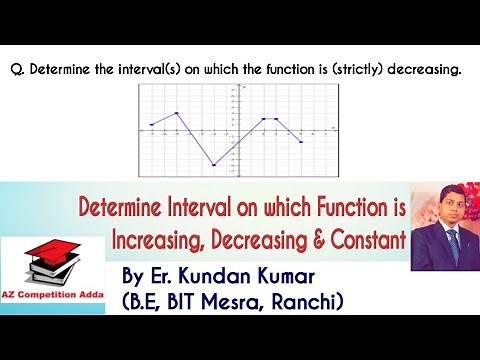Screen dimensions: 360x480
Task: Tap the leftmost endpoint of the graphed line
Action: (151, 125)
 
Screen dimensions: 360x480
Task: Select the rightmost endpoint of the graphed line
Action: (301, 142)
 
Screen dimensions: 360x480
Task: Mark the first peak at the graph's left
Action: (177, 113)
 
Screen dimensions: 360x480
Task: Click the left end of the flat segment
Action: (263, 119)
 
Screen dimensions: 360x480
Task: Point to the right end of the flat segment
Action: (276, 119)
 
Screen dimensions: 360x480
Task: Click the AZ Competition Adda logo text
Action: (54, 300)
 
